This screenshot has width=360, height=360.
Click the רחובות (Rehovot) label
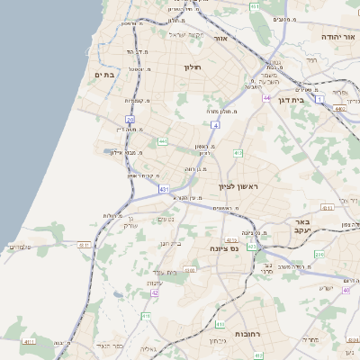click(x=247, y=334)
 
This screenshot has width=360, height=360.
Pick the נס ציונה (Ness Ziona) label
click(x=220, y=247)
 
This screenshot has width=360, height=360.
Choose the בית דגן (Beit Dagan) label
click(x=313, y=101)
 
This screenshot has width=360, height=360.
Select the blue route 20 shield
click(x=130, y=119)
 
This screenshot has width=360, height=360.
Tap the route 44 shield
click(x=266, y=97)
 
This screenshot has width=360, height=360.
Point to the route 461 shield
click(x=255, y=6)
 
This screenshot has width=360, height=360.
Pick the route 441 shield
click(x=162, y=141)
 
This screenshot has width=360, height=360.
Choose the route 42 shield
click(x=155, y=292)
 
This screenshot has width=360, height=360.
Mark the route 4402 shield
click(x=338, y=108)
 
